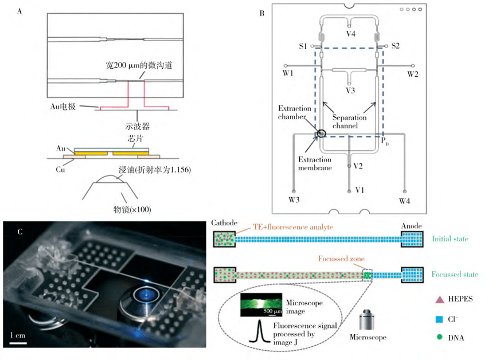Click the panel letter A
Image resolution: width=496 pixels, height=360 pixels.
click(x=21, y=11)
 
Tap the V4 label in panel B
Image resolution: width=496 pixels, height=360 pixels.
click(x=350, y=34)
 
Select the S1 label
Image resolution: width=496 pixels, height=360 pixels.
click(x=303, y=45)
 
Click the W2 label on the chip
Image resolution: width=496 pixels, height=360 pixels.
click(x=412, y=73)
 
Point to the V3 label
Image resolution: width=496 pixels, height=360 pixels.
click(x=350, y=90)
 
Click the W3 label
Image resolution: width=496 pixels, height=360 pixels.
click(x=294, y=199)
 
